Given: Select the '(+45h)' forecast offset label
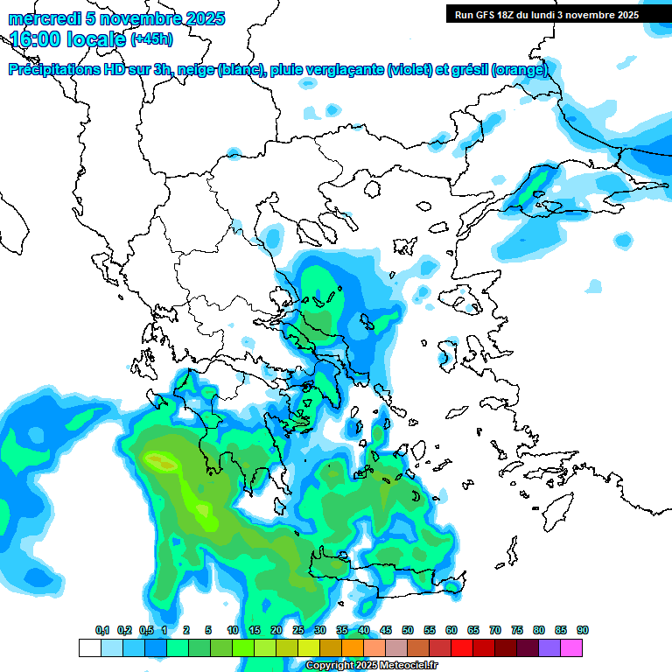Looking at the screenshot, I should pyautogui.click(x=151, y=39).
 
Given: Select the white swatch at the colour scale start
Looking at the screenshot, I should pyautogui.click(x=89, y=648).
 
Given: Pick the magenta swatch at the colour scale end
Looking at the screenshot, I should pyautogui.click(x=571, y=648).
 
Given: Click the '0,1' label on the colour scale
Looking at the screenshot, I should pyautogui.click(x=101, y=630).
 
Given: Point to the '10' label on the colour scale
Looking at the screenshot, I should pyautogui.click(x=233, y=630).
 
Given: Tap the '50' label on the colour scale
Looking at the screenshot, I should pyautogui.click(x=408, y=630).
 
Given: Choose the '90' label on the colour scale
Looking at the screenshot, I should pyautogui.click(x=583, y=630).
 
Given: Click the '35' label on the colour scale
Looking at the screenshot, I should pyautogui.click(x=342, y=630).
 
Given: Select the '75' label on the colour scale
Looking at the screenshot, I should pyautogui.click(x=517, y=630).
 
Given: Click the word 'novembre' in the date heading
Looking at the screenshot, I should pyautogui.click(x=156, y=18).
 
